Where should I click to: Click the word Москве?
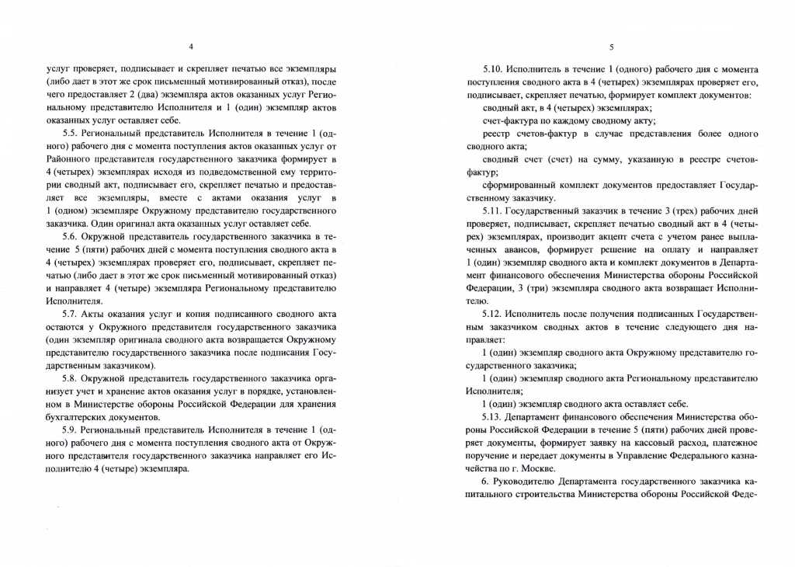[536, 469]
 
